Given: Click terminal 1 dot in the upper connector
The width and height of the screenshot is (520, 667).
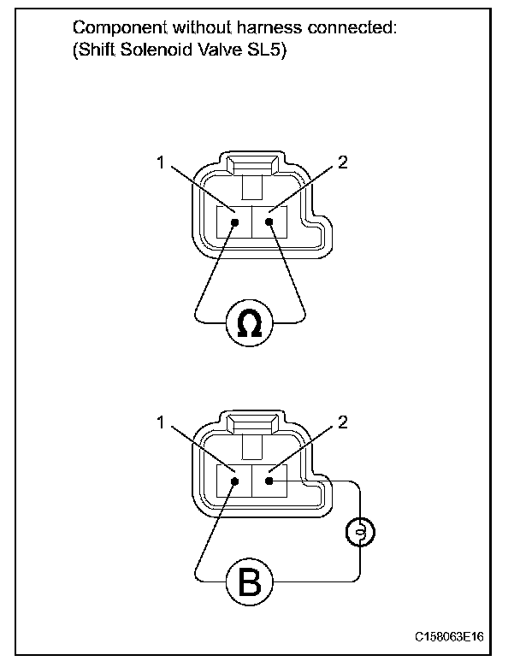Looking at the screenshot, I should coord(233,222).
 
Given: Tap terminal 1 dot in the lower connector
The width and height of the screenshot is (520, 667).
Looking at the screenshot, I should coord(233,481).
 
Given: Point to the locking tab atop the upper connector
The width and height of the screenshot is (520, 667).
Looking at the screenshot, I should coord(253,164).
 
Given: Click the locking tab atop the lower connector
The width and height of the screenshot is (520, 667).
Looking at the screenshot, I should coord(253,423).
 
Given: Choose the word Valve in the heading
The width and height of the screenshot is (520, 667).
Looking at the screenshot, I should coord(227,50).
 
